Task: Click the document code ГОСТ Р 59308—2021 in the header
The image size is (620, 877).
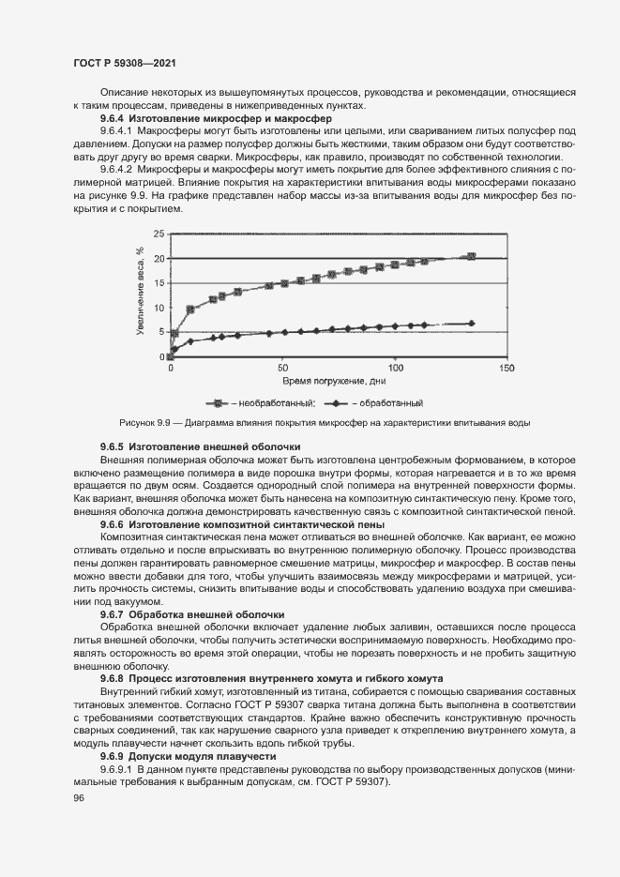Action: [x=125, y=63]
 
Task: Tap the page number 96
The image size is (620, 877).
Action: [x=79, y=797]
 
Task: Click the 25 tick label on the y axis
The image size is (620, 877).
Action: [x=159, y=234]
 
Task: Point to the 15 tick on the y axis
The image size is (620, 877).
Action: [x=159, y=283]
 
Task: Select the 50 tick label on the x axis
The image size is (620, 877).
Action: [x=282, y=368]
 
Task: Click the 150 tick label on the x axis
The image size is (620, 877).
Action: [x=506, y=368]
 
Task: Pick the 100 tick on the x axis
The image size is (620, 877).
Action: [x=395, y=368]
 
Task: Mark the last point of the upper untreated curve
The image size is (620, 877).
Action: [x=472, y=256]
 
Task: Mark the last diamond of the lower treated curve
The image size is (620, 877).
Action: [x=472, y=323]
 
